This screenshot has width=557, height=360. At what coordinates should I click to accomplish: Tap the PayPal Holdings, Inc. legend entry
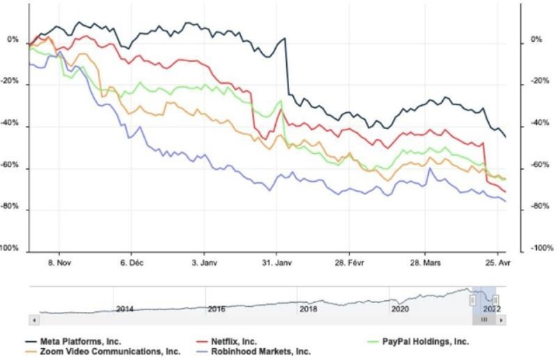tap(422, 341)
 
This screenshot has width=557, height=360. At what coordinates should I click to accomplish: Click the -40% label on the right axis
tap(534, 124)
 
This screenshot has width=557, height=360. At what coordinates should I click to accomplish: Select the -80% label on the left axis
tap(12, 208)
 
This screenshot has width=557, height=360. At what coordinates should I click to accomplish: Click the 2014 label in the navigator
tap(125, 308)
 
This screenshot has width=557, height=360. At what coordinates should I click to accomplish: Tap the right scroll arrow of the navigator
tap(502, 320)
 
